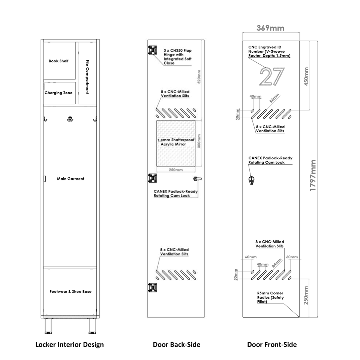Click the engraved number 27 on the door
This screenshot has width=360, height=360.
[272, 76]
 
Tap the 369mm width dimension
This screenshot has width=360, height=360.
[270, 28]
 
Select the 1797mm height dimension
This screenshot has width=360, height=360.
[313, 175]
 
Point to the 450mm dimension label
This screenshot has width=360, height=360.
[306, 76]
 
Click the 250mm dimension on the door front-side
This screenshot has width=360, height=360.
[306, 295]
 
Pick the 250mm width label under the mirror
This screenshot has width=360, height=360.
[176, 170]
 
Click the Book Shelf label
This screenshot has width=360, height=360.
[58, 61]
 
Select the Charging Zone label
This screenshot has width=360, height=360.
[58, 93]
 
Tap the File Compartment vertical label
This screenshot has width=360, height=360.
[87, 77]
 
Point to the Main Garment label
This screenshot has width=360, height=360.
[70, 178]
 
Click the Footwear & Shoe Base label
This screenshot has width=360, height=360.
[70, 292]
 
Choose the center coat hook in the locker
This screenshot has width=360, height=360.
[70, 119]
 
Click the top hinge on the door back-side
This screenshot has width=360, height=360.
[153, 50]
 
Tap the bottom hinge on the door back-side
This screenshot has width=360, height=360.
[153, 288]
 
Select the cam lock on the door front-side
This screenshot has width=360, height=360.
[252, 180]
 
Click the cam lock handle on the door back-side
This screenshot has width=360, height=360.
[198, 178]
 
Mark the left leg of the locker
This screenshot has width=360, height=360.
[48, 326]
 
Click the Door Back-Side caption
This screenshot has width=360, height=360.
[177, 344]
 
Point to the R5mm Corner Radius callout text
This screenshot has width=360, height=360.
[270, 297]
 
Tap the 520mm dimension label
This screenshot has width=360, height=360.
[199, 76]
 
